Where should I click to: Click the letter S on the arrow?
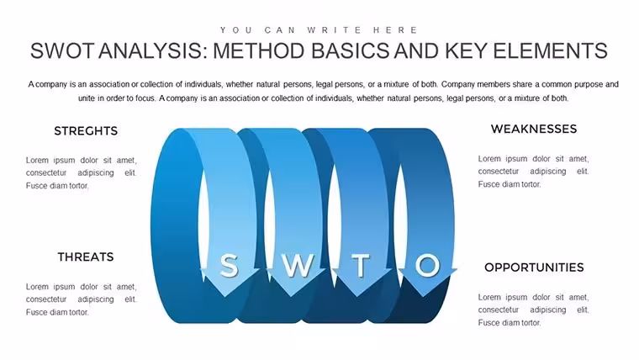click(x=229, y=265)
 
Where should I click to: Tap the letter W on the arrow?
click(x=298, y=265)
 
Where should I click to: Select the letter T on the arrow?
click(x=361, y=265)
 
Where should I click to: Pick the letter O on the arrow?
click(x=427, y=265)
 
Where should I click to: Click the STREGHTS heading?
click(x=86, y=131)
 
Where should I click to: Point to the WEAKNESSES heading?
click(x=534, y=130)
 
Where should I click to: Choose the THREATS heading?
click(x=86, y=257)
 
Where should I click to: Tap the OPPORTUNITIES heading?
click(x=534, y=267)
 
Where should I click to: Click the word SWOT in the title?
click(x=62, y=51)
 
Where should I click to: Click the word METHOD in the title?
click(x=259, y=51)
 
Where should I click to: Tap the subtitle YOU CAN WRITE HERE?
click(x=319, y=30)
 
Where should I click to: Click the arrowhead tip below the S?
click(x=225, y=297)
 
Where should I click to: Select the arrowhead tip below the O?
click(x=424, y=297)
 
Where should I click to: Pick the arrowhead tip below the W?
click(x=292, y=297)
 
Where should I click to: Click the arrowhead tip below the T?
click(x=357, y=297)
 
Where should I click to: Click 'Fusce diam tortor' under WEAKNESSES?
click(x=510, y=184)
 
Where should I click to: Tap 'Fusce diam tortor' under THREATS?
click(x=57, y=312)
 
